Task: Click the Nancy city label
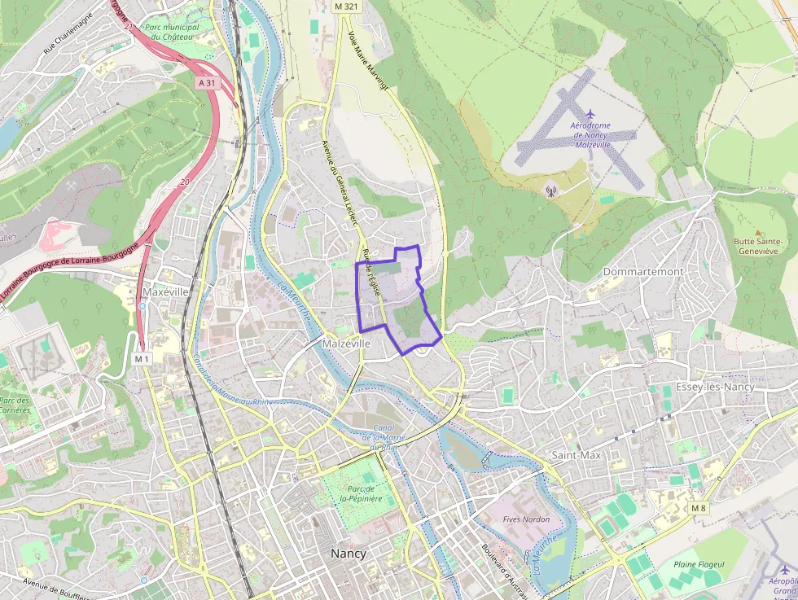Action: (348, 554)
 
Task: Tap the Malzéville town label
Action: (346, 344)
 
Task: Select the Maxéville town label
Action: (164, 291)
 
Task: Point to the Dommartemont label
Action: (643, 271)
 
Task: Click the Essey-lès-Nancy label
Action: (715, 387)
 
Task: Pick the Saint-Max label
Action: (576, 455)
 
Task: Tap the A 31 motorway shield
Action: (207, 83)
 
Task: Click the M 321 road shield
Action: (345, 6)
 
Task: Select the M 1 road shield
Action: (142, 358)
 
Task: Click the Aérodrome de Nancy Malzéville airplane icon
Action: (590, 113)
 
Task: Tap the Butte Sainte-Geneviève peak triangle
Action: (757, 233)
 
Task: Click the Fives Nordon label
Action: (526, 519)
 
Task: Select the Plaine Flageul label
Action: (699, 564)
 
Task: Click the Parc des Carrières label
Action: (15, 405)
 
